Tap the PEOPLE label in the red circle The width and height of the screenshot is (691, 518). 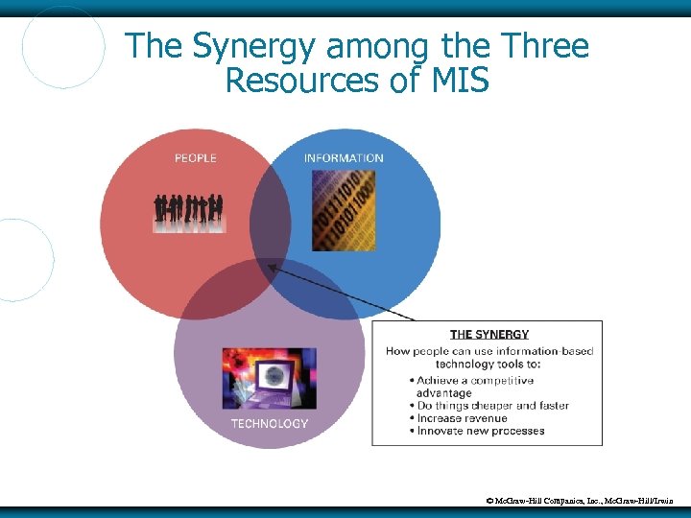coord(195,158)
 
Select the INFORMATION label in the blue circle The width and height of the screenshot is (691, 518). coord(343,158)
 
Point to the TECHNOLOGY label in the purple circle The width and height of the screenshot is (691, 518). coord(269,423)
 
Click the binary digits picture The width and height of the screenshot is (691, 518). coord(344,210)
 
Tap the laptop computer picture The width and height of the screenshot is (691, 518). coord(270,378)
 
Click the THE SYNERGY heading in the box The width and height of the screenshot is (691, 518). coord(489,335)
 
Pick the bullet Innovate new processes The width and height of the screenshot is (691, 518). coord(480,431)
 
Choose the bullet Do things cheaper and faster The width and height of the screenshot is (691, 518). coord(492,406)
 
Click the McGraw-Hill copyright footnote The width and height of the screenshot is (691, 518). coord(585,501)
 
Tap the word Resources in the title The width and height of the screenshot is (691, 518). coord(303,81)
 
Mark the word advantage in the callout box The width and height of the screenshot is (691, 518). coord(443,393)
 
